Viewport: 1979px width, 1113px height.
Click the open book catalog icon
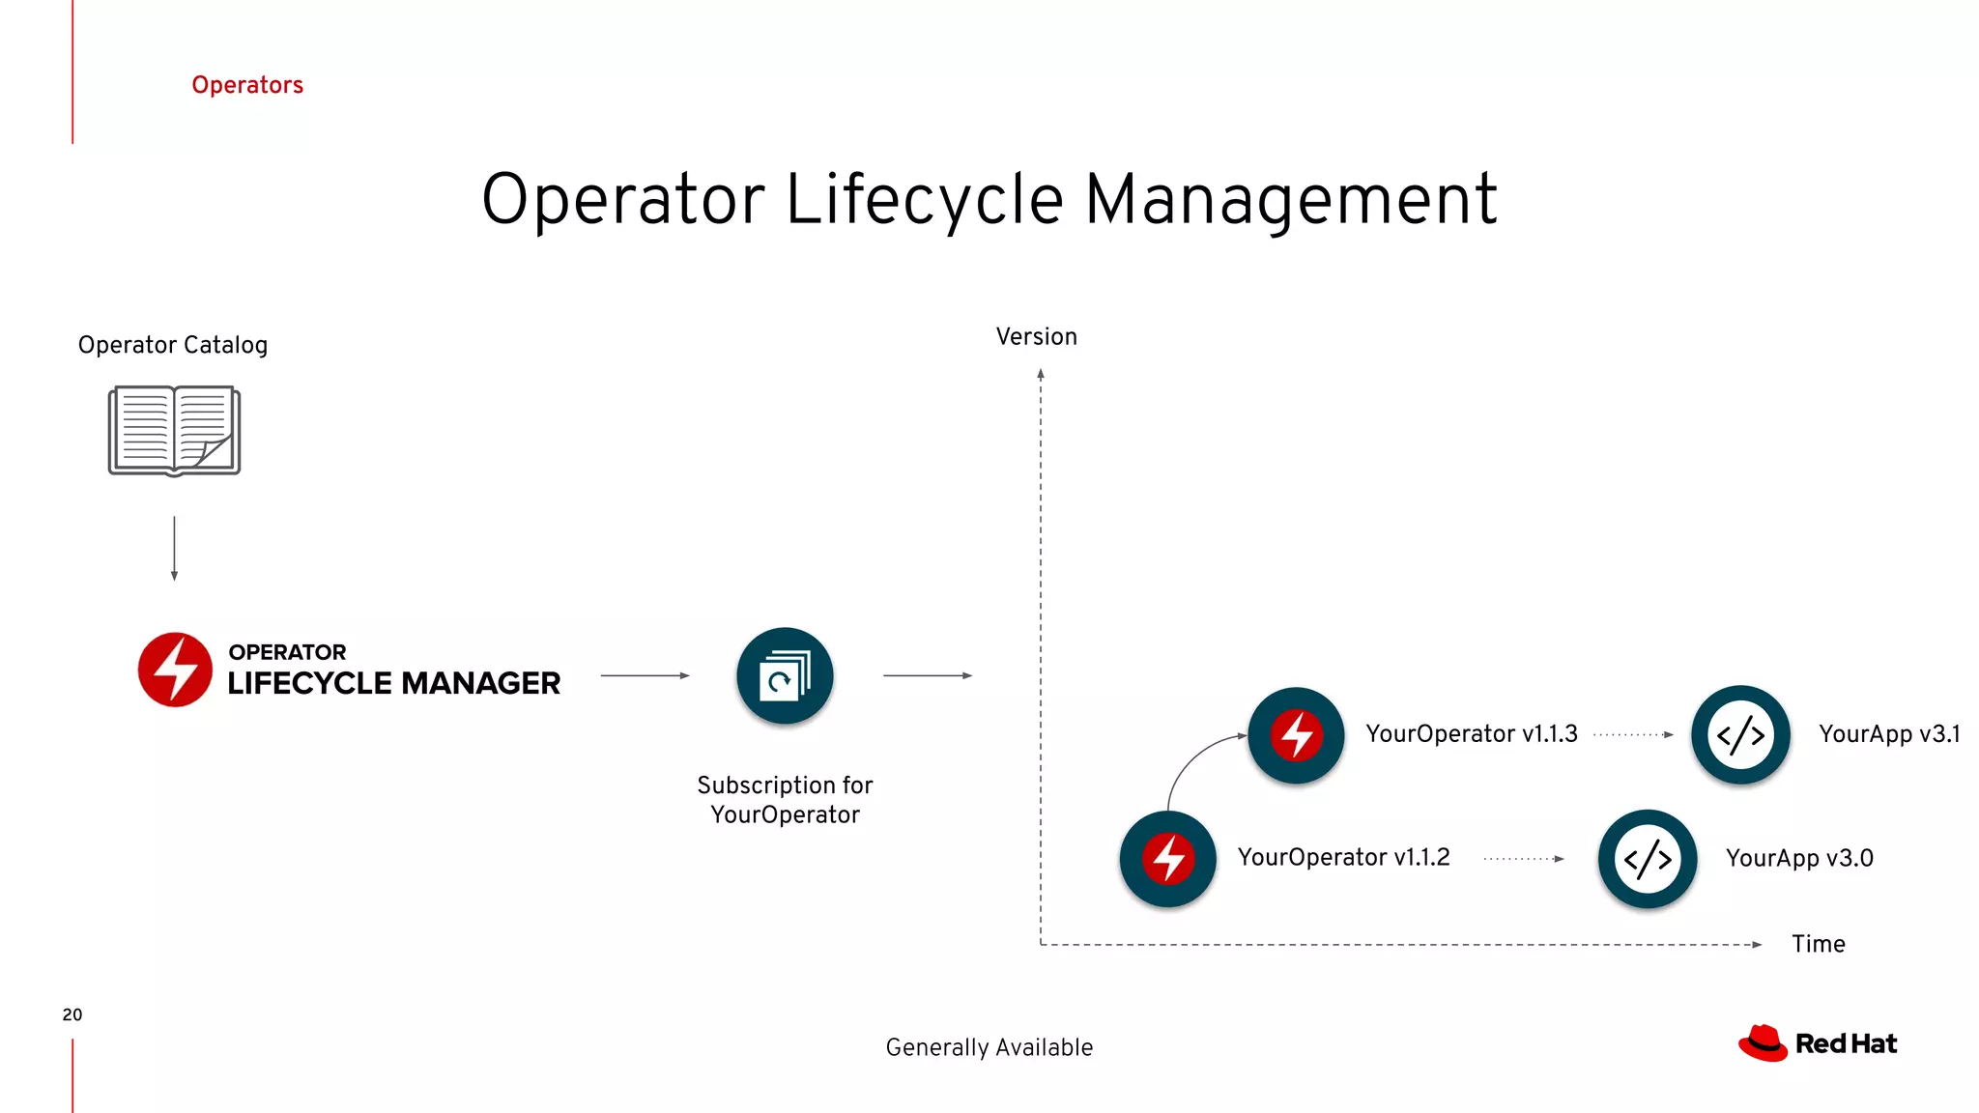(174, 431)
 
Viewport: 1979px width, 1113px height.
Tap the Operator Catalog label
(173, 345)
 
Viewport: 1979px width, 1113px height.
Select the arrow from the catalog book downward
(174, 548)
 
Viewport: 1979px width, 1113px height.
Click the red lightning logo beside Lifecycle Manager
(175, 670)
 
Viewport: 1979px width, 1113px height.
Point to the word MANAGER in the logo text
(481, 683)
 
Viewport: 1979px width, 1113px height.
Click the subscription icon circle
(785, 676)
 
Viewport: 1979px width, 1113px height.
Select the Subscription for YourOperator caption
(785, 800)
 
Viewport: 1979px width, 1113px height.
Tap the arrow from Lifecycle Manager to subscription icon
(645, 676)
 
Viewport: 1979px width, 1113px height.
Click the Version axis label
(1036, 337)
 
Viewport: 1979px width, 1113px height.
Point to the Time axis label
(1818, 944)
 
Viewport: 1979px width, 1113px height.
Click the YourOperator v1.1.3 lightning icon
(1296, 735)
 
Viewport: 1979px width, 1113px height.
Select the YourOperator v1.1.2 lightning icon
(1168, 859)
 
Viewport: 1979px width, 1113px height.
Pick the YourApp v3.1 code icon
(1740, 735)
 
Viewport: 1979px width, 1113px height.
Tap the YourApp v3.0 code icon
(1648, 859)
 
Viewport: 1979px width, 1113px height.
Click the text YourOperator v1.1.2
(1343, 858)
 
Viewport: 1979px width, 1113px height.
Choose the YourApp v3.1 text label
(1889, 734)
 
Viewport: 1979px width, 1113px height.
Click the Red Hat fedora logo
(1763, 1043)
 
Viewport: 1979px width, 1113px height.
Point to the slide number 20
(72, 1014)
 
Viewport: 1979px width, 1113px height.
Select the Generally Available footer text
(989, 1047)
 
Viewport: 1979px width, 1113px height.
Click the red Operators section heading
(247, 85)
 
